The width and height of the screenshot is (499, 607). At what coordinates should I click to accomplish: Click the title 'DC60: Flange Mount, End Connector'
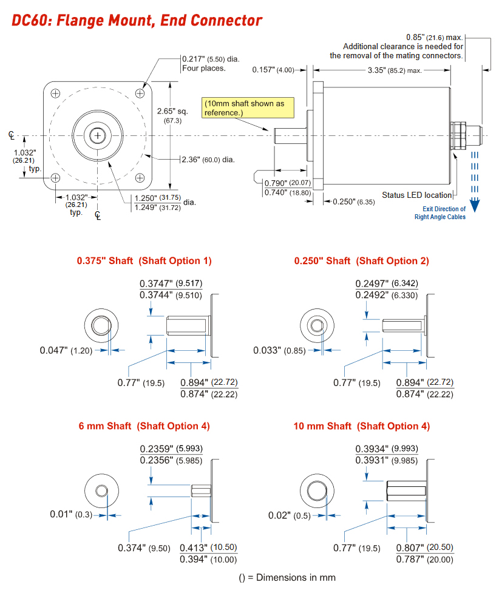coord(137,20)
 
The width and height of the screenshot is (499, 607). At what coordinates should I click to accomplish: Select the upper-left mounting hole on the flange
coord(55,93)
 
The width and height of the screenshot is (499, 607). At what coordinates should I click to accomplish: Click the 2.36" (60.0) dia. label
coord(208,160)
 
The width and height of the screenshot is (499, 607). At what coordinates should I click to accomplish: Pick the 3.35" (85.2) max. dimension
coord(395,70)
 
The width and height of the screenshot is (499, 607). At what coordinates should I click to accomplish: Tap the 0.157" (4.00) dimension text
coord(273,70)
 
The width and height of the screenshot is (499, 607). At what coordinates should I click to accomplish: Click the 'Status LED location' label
coord(416,195)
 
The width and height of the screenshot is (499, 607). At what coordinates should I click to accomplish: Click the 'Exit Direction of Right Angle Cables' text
coord(441,213)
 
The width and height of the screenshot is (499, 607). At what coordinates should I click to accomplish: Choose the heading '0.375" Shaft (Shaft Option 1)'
coord(144,261)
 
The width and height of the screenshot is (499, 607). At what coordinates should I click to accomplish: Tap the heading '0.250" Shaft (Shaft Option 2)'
coord(361,261)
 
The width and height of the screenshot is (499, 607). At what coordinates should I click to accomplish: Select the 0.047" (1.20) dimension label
coord(66,350)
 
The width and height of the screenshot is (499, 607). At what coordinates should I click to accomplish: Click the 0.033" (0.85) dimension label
coord(282,350)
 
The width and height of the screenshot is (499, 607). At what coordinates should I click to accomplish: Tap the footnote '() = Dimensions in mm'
coord(287,577)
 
